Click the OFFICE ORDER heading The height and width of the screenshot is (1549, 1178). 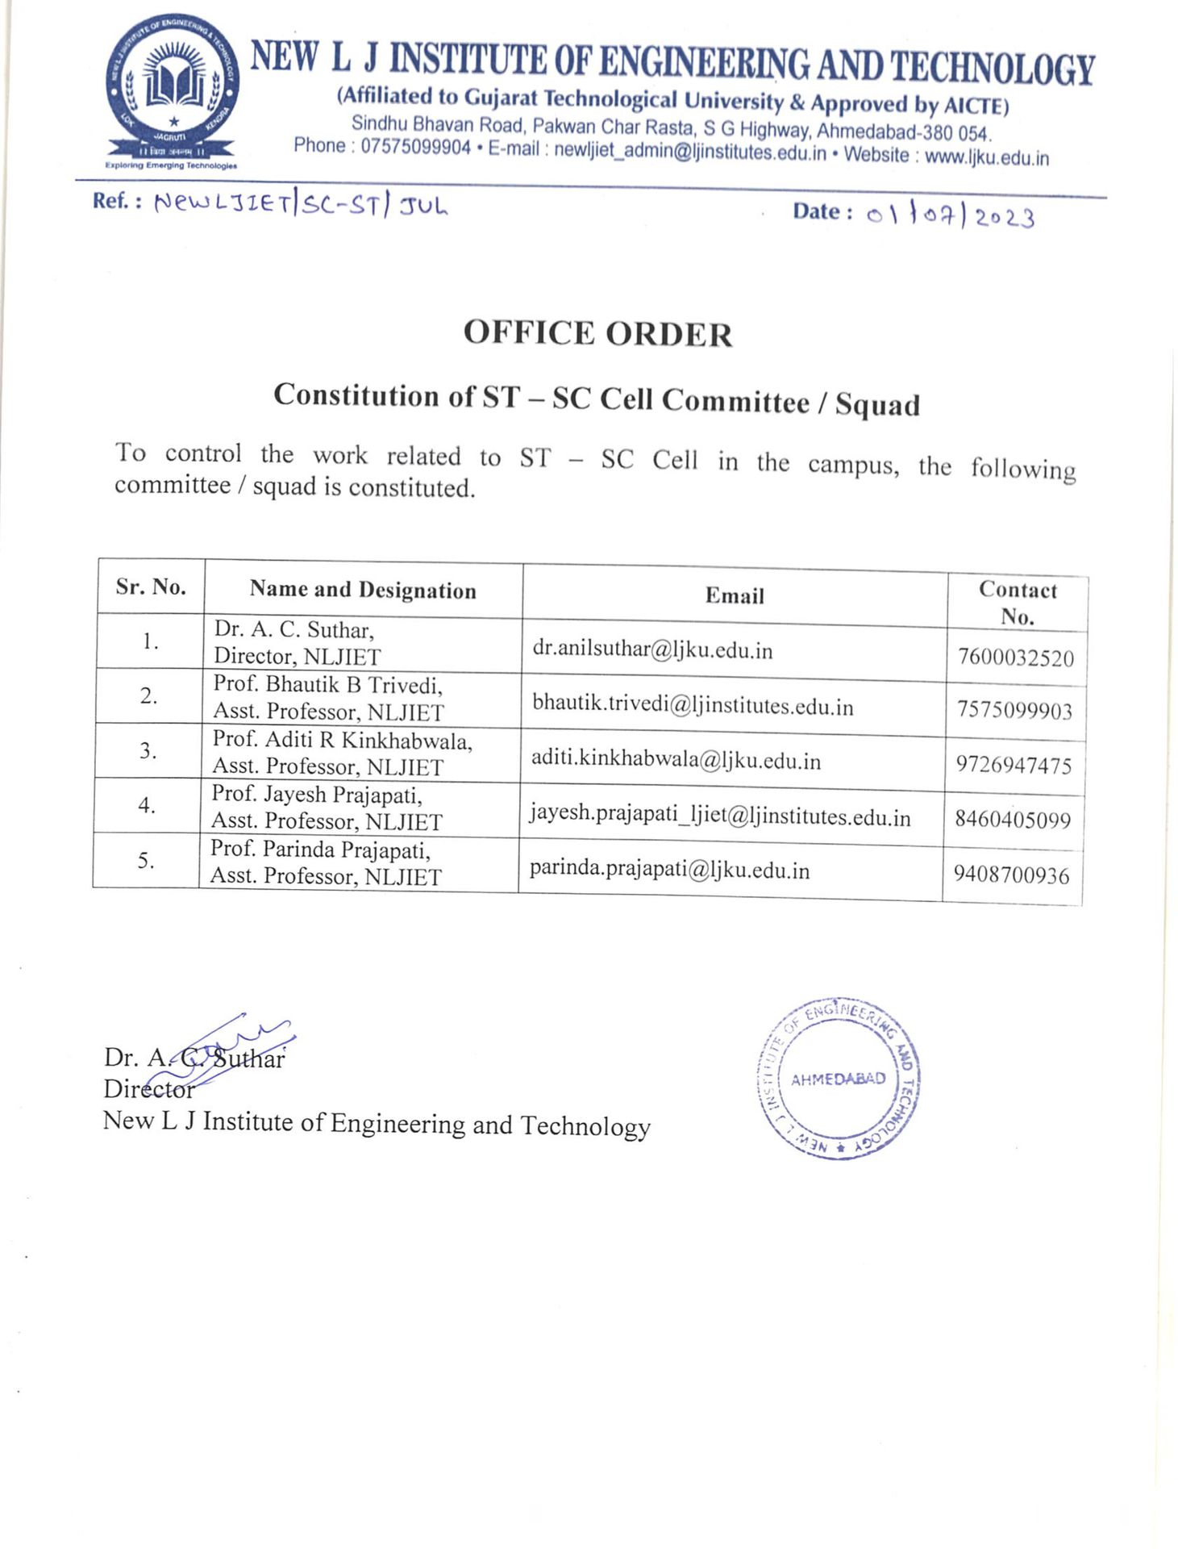click(597, 334)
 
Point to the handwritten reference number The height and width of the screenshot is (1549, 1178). click(300, 205)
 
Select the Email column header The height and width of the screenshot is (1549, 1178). click(734, 596)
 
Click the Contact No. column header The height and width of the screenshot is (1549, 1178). click(1017, 603)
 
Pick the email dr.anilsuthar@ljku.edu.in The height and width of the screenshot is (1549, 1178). click(651, 649)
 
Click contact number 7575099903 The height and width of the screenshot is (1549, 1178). click(1014, 711)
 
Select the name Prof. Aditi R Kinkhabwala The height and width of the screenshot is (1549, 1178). click(342, 740)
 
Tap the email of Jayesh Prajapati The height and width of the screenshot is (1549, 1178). click(719, 816)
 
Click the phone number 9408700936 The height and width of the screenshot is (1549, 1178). click(1011, 875)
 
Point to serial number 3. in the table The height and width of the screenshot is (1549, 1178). click(148, 750)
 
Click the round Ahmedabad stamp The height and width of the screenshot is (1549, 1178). click(837, 1079)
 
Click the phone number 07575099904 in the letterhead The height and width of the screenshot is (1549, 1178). click(414, 147)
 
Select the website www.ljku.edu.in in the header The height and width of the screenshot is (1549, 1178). click(986, 157)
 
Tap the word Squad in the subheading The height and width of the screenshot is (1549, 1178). click(876, 404)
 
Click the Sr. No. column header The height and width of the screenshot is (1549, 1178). click(151, 587)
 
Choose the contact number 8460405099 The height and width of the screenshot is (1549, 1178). click(1012, 820)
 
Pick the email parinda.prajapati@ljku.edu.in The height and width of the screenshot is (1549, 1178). click(669, 870)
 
